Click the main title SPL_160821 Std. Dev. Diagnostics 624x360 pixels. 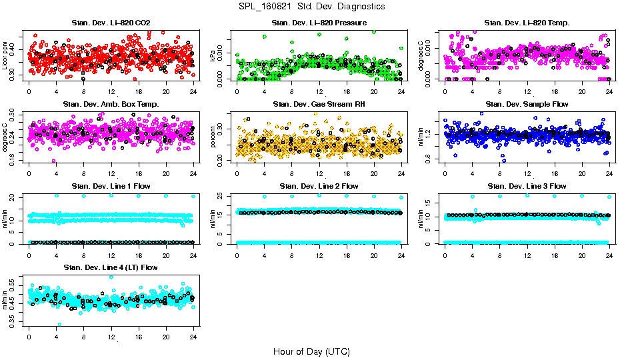pos(311,7)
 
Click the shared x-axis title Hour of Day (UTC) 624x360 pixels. pos(311,351)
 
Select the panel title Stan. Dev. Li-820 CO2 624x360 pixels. pos(111,23)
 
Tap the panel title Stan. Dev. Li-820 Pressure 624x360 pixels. pos(319,23)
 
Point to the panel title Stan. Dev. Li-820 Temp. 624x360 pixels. pos(527,23)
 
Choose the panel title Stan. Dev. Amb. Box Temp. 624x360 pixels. pos(111,105)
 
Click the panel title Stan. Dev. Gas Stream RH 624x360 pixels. pos(319,105)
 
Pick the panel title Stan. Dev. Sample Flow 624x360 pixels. pos(527,105)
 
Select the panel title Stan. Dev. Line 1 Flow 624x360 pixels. pos(111,186)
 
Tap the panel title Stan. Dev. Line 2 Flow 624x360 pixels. pos(319,186)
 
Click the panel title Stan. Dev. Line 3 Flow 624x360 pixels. pos(527,186)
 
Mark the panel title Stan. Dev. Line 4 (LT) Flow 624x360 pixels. pos(111,267)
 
